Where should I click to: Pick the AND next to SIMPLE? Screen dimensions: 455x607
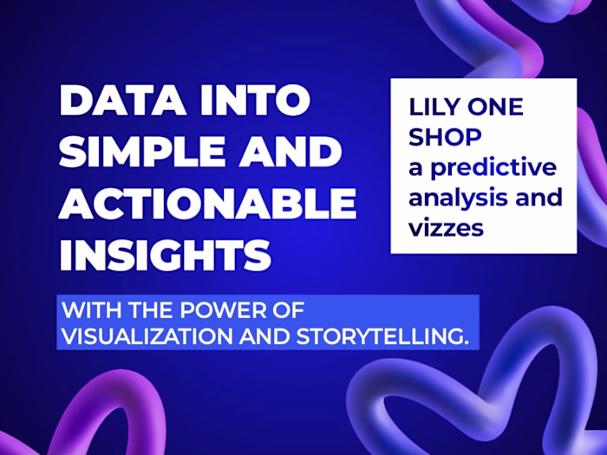293,153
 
